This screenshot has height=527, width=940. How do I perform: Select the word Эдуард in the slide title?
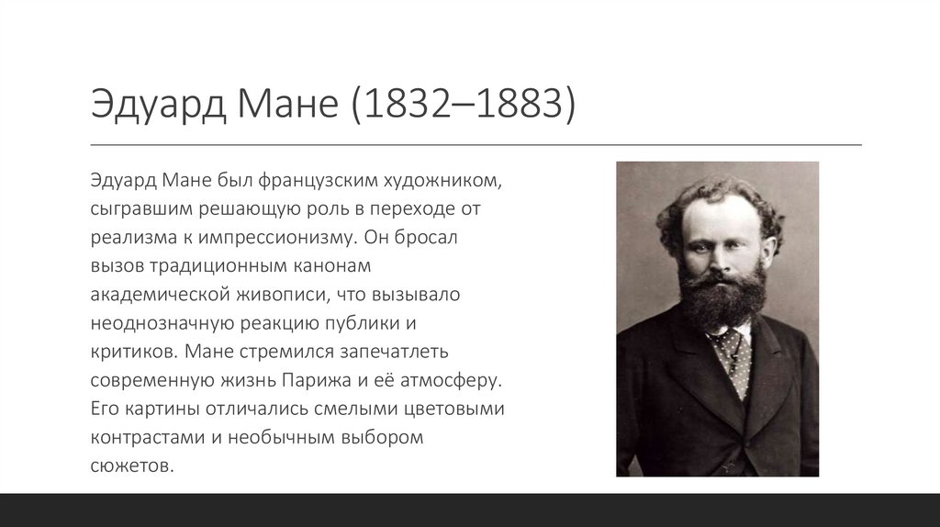[x=149, y=106]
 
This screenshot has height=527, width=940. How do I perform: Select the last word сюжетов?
[x=131, y=467]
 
